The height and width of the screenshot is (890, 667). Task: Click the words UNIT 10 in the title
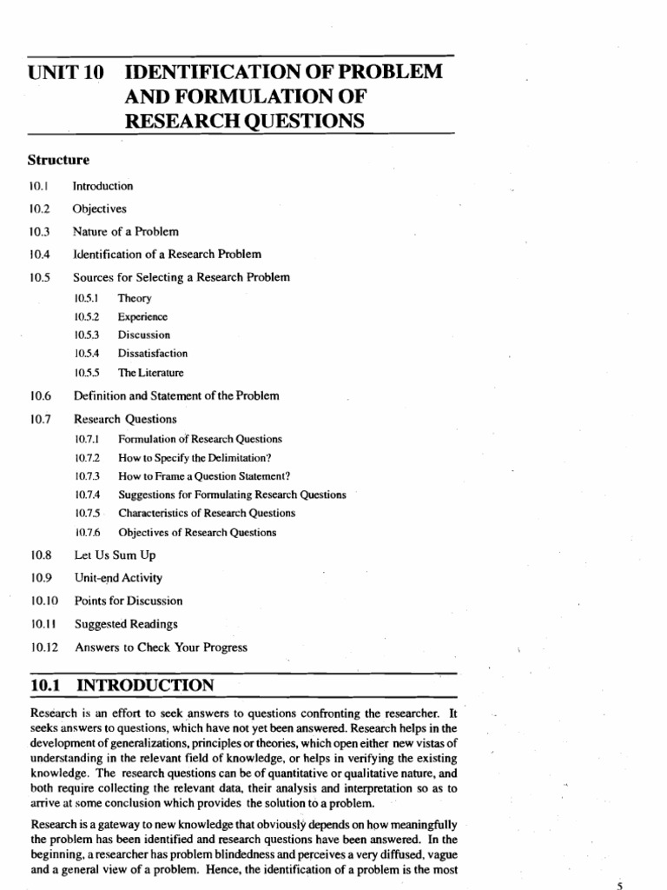point(66,73)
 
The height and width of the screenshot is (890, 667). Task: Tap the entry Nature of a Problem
point(126,231)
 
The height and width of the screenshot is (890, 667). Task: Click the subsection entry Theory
point(135,298)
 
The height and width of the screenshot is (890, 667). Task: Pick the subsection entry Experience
point(143,316)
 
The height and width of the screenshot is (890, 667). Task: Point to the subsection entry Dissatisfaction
point(153,354)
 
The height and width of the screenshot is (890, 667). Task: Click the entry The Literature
point(151,373)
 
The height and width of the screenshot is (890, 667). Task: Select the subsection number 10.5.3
point(88,335)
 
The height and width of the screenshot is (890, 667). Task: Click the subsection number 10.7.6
point(88,532)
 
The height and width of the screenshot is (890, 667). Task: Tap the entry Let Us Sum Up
point(115,555)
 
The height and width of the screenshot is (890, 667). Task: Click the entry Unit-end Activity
point(118,577)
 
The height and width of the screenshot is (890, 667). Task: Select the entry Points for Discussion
point(129,601)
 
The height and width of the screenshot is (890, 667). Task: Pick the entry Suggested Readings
point(126,623)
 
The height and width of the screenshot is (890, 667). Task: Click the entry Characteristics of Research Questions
point(207,513)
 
